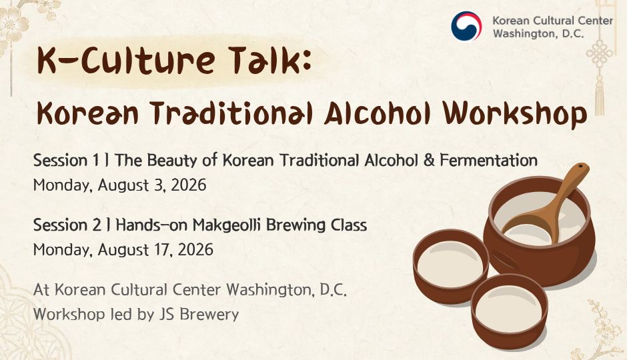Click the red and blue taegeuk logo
click(x=466, y=26)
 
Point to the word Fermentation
click(x=488, y=160)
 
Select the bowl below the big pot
click(x=509, y=311)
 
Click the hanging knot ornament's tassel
click(x=599, y=96)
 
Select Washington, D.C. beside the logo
click(x=538, y=33)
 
